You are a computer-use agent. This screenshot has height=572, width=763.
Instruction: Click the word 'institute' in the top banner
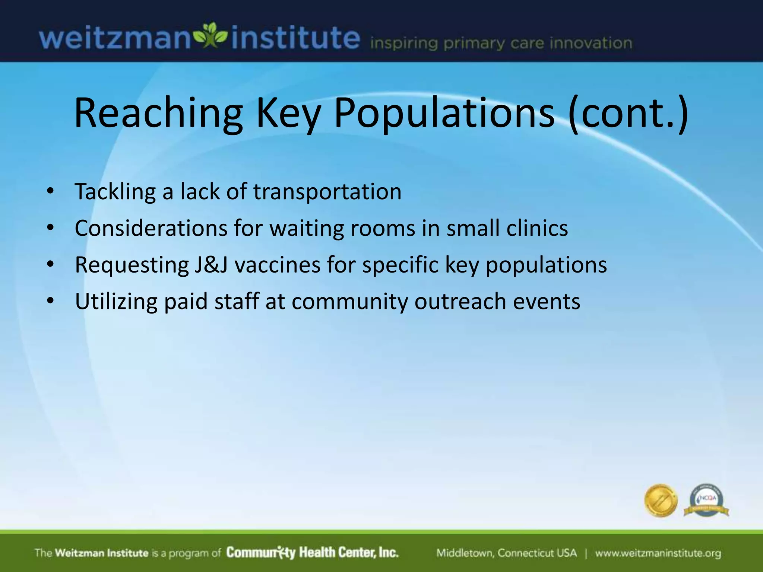[x=295, y=38]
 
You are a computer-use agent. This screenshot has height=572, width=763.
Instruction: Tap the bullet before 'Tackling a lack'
[x=51, y=192]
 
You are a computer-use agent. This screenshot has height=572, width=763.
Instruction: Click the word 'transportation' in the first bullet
[x=327, y=192]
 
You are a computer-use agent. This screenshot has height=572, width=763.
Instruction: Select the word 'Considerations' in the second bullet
[x=151, y=228]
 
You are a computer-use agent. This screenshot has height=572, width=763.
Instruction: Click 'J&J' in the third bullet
[x=211, y=265]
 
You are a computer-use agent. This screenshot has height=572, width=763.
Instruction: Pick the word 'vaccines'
[x=278, y=265]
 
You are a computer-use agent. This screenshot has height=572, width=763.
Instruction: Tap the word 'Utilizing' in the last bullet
[x=116, y=301]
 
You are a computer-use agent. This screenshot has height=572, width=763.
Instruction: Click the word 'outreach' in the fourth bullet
[x=460, y=301]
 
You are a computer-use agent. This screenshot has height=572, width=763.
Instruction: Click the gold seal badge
[x=661, y=500]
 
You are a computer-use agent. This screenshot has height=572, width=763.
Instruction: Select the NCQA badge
[x=706, y=500]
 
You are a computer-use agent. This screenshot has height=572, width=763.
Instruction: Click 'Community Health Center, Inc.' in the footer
[x=312, y=553]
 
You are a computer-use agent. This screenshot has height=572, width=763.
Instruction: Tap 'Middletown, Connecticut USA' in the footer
[x=506, y=553]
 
